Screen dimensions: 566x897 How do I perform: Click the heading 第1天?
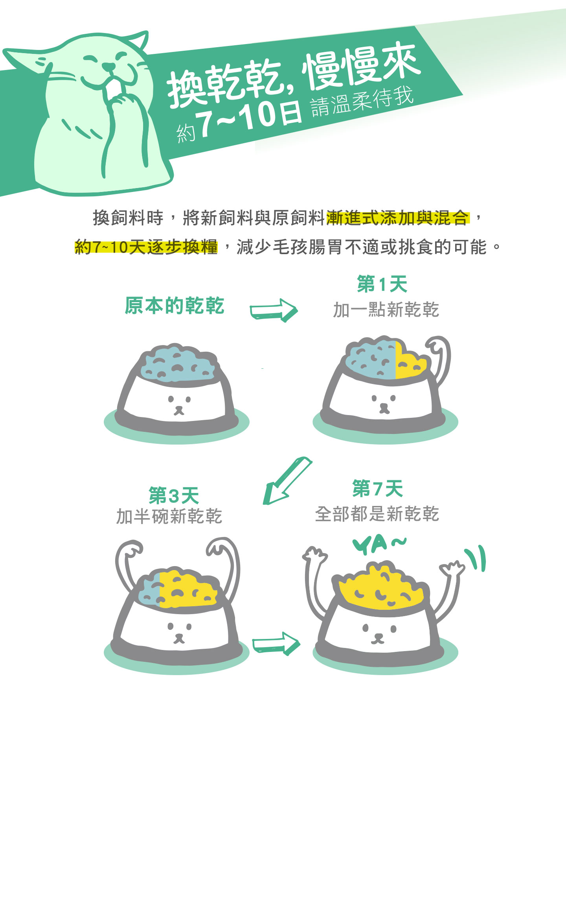coord(382,284)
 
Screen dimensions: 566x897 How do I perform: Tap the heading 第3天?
coord(174,495)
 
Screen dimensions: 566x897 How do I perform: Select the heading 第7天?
coord(378,489)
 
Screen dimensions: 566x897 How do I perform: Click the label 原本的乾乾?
coord(175,306)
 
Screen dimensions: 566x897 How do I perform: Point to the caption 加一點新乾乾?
coord(386,310)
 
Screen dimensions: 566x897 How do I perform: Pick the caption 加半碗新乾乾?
coord(169,516)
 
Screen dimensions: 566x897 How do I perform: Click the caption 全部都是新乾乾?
coord(377,514)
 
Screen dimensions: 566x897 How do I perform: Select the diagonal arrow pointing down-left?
coord(287,481)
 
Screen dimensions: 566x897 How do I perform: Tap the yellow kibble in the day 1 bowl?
coord(410,361)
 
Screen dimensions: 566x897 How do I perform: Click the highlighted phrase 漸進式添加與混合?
coord(397,218)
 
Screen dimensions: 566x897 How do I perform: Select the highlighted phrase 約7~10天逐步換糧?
coord(146,247)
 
